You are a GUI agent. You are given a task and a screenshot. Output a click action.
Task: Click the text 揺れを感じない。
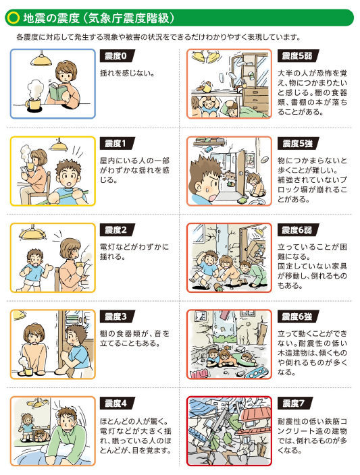[x=128, y=72]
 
